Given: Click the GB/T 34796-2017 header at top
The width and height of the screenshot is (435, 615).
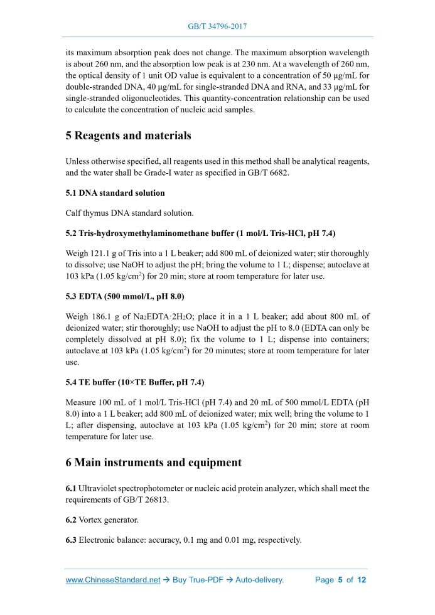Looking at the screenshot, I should pyautogui.click(x=217, y=27).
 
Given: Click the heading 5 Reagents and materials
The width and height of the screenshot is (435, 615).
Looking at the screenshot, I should pyautogui.click(x=128, y=136).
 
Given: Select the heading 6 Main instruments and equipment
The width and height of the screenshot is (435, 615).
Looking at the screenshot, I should pyautogui.click(x=153, y=463).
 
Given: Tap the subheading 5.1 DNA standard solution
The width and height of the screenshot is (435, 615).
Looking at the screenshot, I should pyautogui.click(x=115, y=193).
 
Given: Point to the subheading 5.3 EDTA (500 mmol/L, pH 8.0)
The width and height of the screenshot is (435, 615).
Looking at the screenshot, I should pyautogui.click(x=124, y=296).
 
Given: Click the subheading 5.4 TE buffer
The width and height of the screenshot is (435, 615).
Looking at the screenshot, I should pyautogui.click(x=134, y=382).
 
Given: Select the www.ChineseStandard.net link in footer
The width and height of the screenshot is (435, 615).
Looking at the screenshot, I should pyautogui.click(x=113, y=580).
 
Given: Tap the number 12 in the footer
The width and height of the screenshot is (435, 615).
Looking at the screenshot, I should pyautogui.click(x=362, y=580).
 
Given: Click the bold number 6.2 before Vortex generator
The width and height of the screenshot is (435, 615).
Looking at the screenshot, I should pyautogui.click(x=71, y=520).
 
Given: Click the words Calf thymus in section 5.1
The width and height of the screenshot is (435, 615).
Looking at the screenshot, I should pyautogui.click(x=87, y=213).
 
